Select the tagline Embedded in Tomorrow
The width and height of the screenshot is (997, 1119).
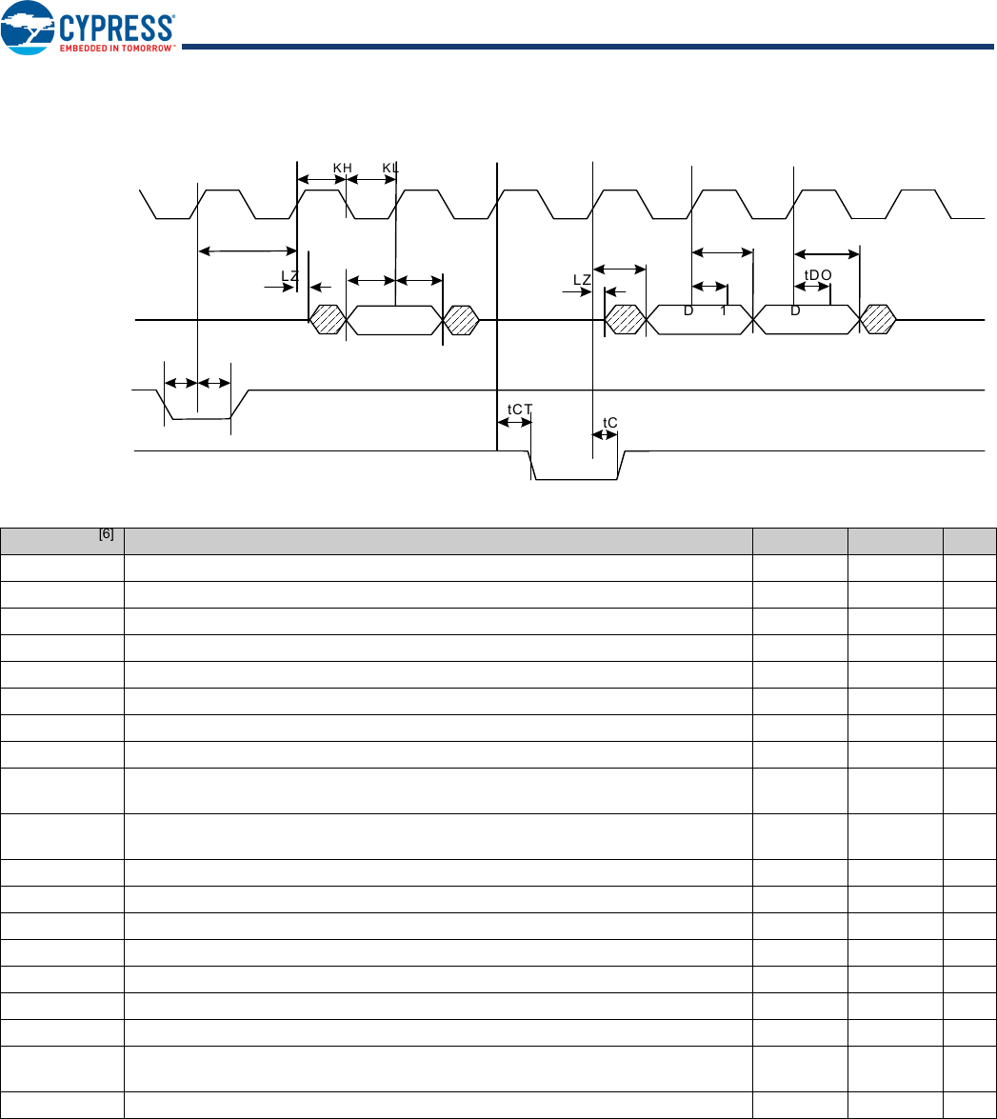click(x=117, y=48)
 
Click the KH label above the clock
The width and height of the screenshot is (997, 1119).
click(x=343, y=168)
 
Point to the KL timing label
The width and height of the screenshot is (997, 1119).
click(x=390, y=168)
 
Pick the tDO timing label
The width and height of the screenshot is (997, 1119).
click(x=818, y=274)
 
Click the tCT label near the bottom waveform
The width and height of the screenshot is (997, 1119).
click(x=520, y=409)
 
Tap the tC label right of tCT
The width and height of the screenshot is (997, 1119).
click(x=610, y=422)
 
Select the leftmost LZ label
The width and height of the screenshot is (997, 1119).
click(x=290, y=275)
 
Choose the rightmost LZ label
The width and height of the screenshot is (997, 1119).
click(x=583, y=279)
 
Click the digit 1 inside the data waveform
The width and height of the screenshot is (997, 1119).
click(x=724, y=310)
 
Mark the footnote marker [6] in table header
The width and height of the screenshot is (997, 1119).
click(x=106, y=534)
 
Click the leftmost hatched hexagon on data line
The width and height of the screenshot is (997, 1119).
click(x=328, y=320)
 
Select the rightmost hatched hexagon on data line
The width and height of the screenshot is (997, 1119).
click(x=877, y=320)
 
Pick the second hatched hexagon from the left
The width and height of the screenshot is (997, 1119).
click(x=463, y=320)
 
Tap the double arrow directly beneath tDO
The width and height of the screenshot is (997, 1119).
click(x=811, y=287)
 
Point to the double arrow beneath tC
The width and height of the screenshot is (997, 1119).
click(x=605, y=435)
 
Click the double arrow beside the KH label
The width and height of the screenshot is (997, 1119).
click(x=322, y=179)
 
